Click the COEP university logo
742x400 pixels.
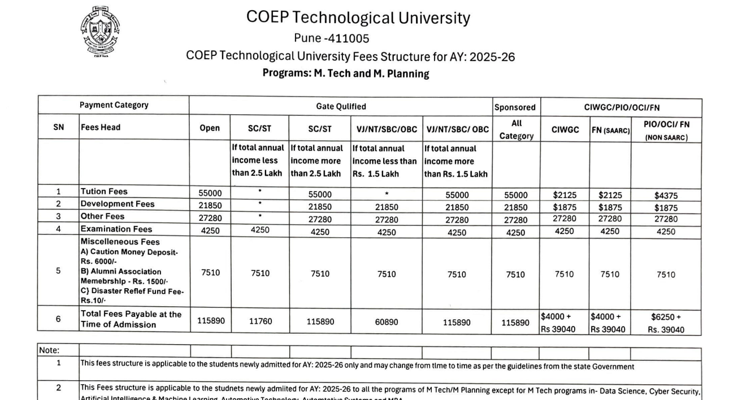coord(100,32)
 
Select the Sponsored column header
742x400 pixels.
coord(515,107)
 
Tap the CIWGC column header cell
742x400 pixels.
coord(565,129)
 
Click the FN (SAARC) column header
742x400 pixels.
coord(610,130)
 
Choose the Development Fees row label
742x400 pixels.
coord(117,204)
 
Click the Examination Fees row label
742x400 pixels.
coord(116,229)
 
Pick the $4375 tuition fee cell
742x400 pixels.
coord(666,195)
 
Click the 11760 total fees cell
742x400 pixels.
coord(261,321)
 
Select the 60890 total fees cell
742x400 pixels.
coord(387,321)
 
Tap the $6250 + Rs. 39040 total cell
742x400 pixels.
coord(666,323)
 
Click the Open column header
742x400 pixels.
coord(210,128)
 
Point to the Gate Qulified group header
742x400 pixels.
coord(341,106)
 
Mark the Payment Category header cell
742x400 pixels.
coord(114,105)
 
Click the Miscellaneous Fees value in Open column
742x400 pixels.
coord(210,273)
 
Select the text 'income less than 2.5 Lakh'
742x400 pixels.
coord(259,161)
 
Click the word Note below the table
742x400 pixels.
coord(49,351)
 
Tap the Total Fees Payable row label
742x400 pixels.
coord(131,319)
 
